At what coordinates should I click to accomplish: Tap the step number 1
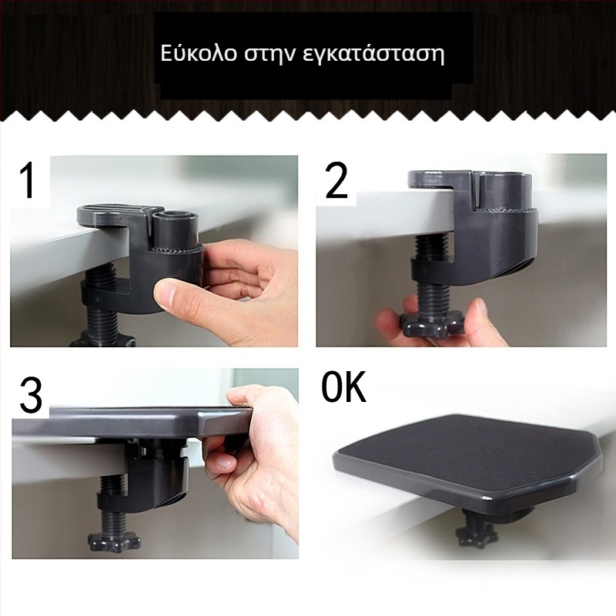[x=28, y=181]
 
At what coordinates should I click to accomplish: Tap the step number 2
[x=336, y=181]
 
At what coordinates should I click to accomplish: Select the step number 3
[x=31, y=395]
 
